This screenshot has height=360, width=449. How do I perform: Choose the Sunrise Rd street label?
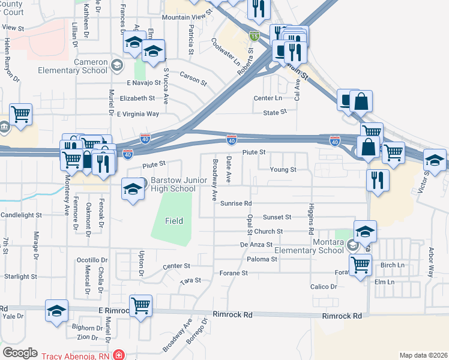[x=236, y=203]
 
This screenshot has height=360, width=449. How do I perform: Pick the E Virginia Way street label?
[x=138, y=113]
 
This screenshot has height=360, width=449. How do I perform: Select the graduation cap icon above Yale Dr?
[x=56, y=310]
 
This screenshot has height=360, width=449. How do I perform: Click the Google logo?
[x=20, y=353]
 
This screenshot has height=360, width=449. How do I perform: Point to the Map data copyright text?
[x=423, y=355]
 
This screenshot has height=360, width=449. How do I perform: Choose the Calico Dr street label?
[x=325, y=287]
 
